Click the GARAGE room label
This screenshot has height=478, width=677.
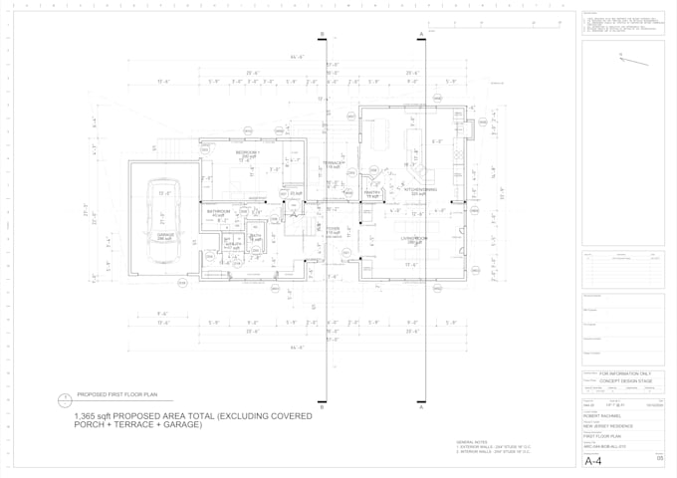click(164, 236)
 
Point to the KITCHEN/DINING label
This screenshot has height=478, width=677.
click(420, 189)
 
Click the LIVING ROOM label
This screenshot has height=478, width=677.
click(414, 239)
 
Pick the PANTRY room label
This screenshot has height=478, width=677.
click(372, 194)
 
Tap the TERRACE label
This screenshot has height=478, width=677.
click(332, 163)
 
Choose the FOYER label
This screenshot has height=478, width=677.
click(333, 229)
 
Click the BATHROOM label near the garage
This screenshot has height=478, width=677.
click(219, 211)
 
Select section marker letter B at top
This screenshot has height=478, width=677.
click(322, 34)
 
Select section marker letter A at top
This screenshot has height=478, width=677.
click(421, 34)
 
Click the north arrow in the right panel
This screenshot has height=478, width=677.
click(632, 59)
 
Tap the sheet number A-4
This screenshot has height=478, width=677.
click(594, 462)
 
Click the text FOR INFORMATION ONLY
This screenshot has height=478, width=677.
click(625, 373)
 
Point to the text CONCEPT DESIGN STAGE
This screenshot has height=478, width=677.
click(626, 381)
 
